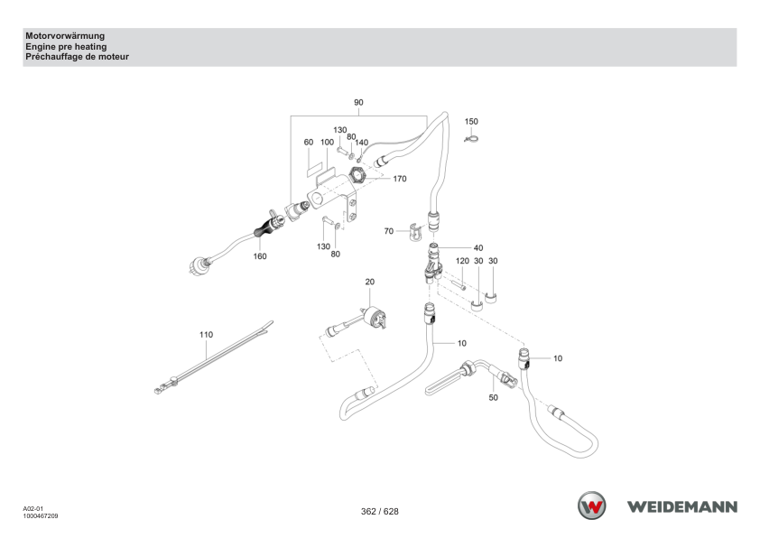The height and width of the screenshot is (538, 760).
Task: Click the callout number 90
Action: coord(358,102)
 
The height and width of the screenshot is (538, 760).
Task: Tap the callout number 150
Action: coord(471,121)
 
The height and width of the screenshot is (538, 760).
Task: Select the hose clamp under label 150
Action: coord(471,140)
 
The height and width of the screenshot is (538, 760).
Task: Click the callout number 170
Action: coord(399,179)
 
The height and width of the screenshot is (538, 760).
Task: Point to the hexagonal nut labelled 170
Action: coord(357,174)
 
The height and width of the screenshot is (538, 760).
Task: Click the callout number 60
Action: coord(309,142)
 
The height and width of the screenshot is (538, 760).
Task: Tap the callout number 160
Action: coord(260,256)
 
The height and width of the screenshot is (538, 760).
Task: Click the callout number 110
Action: coord(206,334)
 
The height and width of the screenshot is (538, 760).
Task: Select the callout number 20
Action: coord(370,282)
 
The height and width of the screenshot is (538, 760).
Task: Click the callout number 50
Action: coord(493,397)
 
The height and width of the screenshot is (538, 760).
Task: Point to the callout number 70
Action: coord(389,231)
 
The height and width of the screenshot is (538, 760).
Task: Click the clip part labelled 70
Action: coord(414,232)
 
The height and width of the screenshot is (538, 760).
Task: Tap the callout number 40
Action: coord(477,247)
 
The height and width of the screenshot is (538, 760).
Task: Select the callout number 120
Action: coord(462,261)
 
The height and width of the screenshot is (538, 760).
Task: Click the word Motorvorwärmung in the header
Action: coord(65,36)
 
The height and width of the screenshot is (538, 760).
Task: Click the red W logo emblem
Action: coord(591,506)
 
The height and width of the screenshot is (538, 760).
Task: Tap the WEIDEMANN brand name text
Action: coord(682,506)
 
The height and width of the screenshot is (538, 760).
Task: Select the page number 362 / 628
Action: coord(379,511)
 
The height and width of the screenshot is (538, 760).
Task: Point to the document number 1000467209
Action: coord(41,516)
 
